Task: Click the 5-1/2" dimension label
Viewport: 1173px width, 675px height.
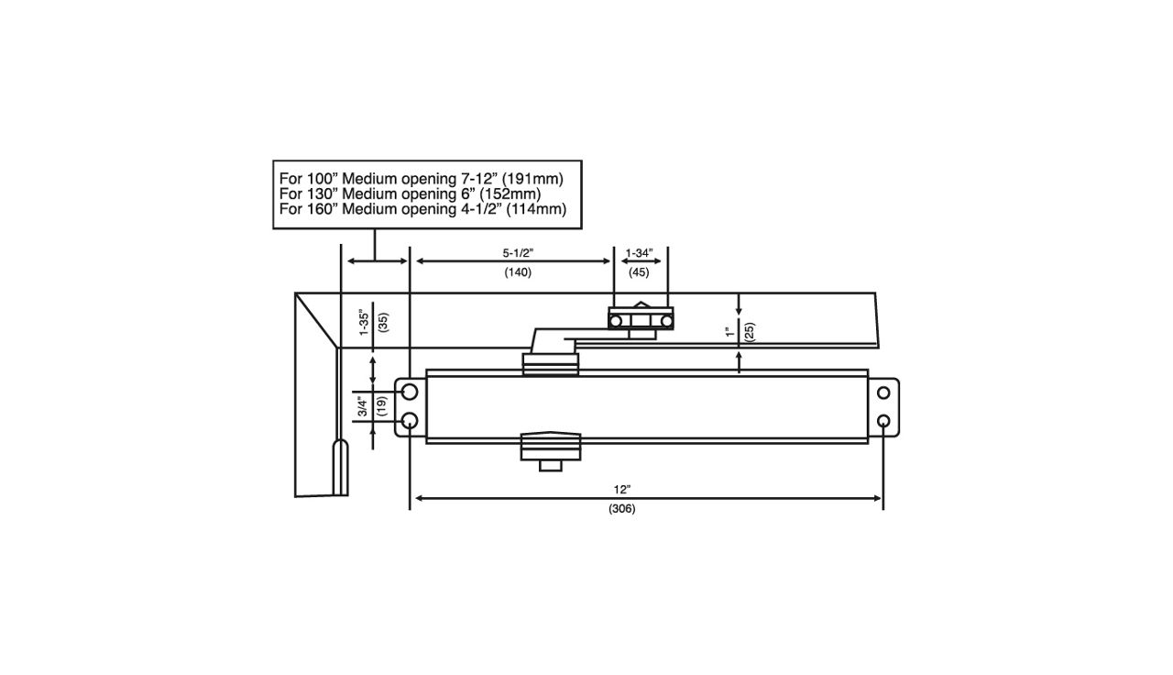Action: [517, 252]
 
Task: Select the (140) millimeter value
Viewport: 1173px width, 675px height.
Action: [518, 272]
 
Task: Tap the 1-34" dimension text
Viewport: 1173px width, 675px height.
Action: [639, 252]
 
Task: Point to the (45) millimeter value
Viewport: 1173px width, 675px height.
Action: [639, 272]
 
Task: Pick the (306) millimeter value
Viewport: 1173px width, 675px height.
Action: [621, 509]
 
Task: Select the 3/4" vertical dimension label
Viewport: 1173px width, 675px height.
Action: [364, 406]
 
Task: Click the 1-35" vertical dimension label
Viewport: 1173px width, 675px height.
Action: [364, 323]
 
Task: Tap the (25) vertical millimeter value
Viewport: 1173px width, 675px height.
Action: [749, 332]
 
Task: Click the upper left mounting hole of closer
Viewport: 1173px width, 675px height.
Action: [410, 393]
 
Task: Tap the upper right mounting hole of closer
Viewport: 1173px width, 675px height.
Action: [883, 393]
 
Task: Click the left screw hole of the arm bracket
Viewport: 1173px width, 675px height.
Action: [618, 320]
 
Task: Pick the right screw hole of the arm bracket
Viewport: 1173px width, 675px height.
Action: [666, 320]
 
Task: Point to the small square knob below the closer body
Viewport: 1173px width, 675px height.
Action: [551, 466]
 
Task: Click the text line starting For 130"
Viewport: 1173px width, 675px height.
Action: [410, 194]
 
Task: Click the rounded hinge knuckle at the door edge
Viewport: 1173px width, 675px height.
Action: [340, 466]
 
